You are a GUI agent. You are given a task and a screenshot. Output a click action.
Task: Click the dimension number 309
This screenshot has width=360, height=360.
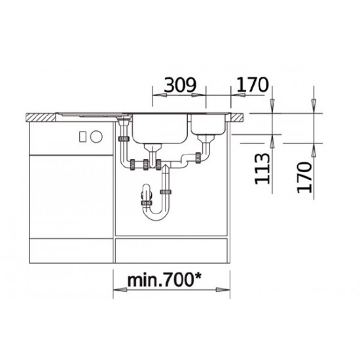click(180, 85)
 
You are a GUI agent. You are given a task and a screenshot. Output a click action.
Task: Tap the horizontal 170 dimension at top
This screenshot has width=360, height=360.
click(252, 84)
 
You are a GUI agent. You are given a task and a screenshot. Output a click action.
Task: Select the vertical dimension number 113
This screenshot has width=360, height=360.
click(262, 169)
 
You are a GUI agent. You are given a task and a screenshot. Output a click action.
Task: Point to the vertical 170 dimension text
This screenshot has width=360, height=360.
click(304, 177)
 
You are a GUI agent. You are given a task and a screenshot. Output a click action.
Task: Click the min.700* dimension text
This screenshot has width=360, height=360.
click(164, 280)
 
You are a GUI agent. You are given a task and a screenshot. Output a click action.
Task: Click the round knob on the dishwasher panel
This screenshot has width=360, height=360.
click(96, 137)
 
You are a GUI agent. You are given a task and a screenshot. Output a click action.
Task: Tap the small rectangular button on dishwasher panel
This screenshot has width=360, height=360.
click(82, 137)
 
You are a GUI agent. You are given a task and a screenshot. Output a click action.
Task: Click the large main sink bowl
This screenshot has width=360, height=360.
click(160, 128)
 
